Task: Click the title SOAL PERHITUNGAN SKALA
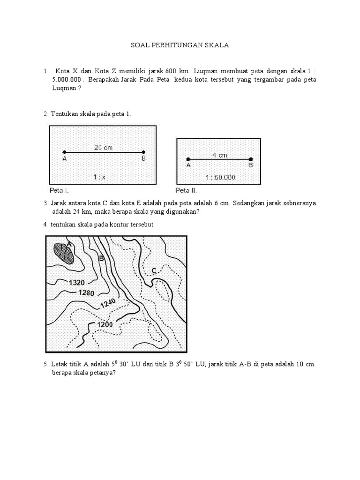[180, 46]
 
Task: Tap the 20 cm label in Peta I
[104, 147]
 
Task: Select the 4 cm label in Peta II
[219, 155]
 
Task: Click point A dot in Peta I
[64, 152]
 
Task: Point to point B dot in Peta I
[143, 152]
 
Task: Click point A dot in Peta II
[188, 159]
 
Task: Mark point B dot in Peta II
[251, 159]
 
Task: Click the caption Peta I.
[59, 190]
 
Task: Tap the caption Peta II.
[186, 190]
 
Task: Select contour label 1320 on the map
[77, 283]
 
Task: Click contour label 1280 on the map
[87, 293]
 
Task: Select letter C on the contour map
[154, 270]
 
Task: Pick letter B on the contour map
[101, 258]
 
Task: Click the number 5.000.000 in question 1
[67, 80]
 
